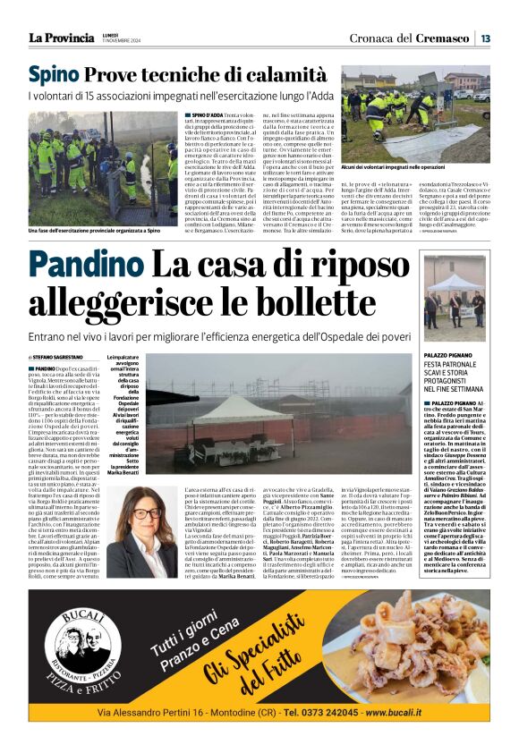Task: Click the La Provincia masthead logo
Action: click(x=61, y=38)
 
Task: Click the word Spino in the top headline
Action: click(x=55, y=75)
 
